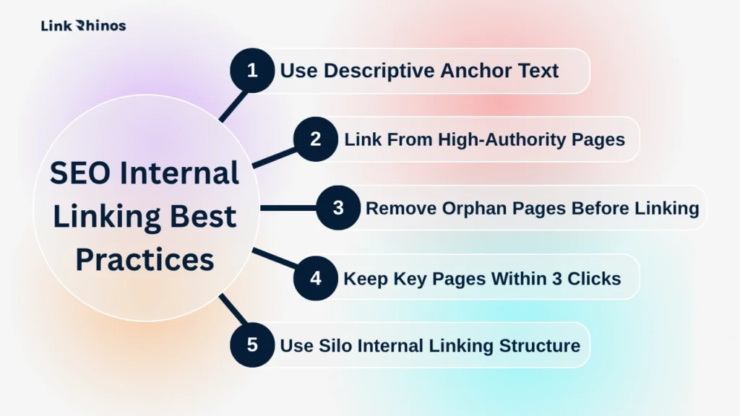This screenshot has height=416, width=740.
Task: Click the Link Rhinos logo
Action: [83, 26]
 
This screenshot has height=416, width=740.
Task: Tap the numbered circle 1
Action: [251, 71]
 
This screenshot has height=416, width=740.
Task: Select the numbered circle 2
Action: [315, 139]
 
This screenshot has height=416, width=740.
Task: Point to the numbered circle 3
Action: [338, 208]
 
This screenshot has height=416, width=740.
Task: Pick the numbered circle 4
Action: [315, 278]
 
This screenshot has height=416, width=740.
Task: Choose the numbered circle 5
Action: [251, 344]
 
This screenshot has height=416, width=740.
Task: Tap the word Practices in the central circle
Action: [145, 260]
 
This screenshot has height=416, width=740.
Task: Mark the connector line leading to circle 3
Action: [289, 208]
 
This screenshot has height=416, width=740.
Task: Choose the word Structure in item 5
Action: [540, 345]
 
